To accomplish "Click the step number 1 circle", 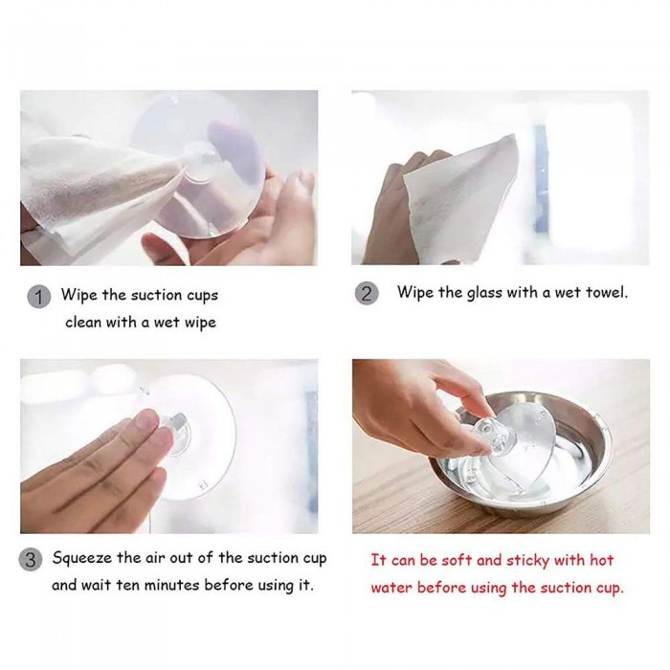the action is click(39, 297).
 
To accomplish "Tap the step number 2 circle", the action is click(367, 294).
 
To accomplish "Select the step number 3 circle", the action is click(31, 560).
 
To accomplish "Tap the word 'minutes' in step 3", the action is click(171, 585).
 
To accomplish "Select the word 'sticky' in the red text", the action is click(526, 561).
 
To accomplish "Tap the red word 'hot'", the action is click(602, 560).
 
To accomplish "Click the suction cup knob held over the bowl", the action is click(489, 435).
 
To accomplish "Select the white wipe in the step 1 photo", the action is click(99, 188).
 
